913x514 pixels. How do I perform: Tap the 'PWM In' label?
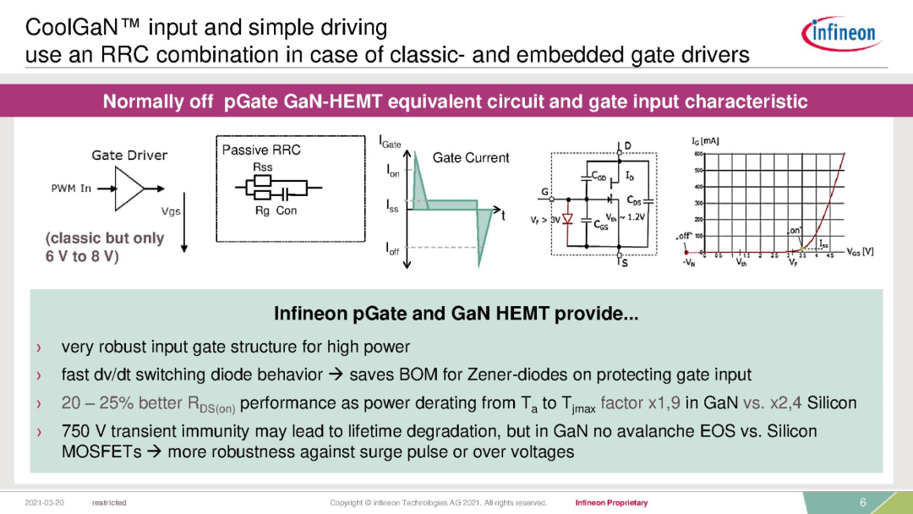pyautogui.click(x=71, y=188)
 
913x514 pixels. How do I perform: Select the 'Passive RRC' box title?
pyautogui.click(x=260, y=150)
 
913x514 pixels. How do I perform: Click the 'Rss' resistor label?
pyautogui.click(x=262, y=167)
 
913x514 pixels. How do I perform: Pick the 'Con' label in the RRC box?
pyautogui.click(x=287, y=211)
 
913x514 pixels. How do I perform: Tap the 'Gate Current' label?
pyautogui.click(x=471, y=158)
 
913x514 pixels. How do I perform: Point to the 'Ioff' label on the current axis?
pyautogui.click(x=393, y=250)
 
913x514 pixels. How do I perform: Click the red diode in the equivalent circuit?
pyautogui.click(x=568, y=219)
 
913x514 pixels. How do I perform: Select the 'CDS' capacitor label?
pyautogui.click(x=633, y=200)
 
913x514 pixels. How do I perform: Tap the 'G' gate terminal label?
pyautogui.click(x=545, y=193)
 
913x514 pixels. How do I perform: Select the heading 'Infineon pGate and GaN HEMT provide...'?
pyautogui.click(x=456, y=314)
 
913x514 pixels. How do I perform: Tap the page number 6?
pyautogui.click(x=863, y=502)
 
